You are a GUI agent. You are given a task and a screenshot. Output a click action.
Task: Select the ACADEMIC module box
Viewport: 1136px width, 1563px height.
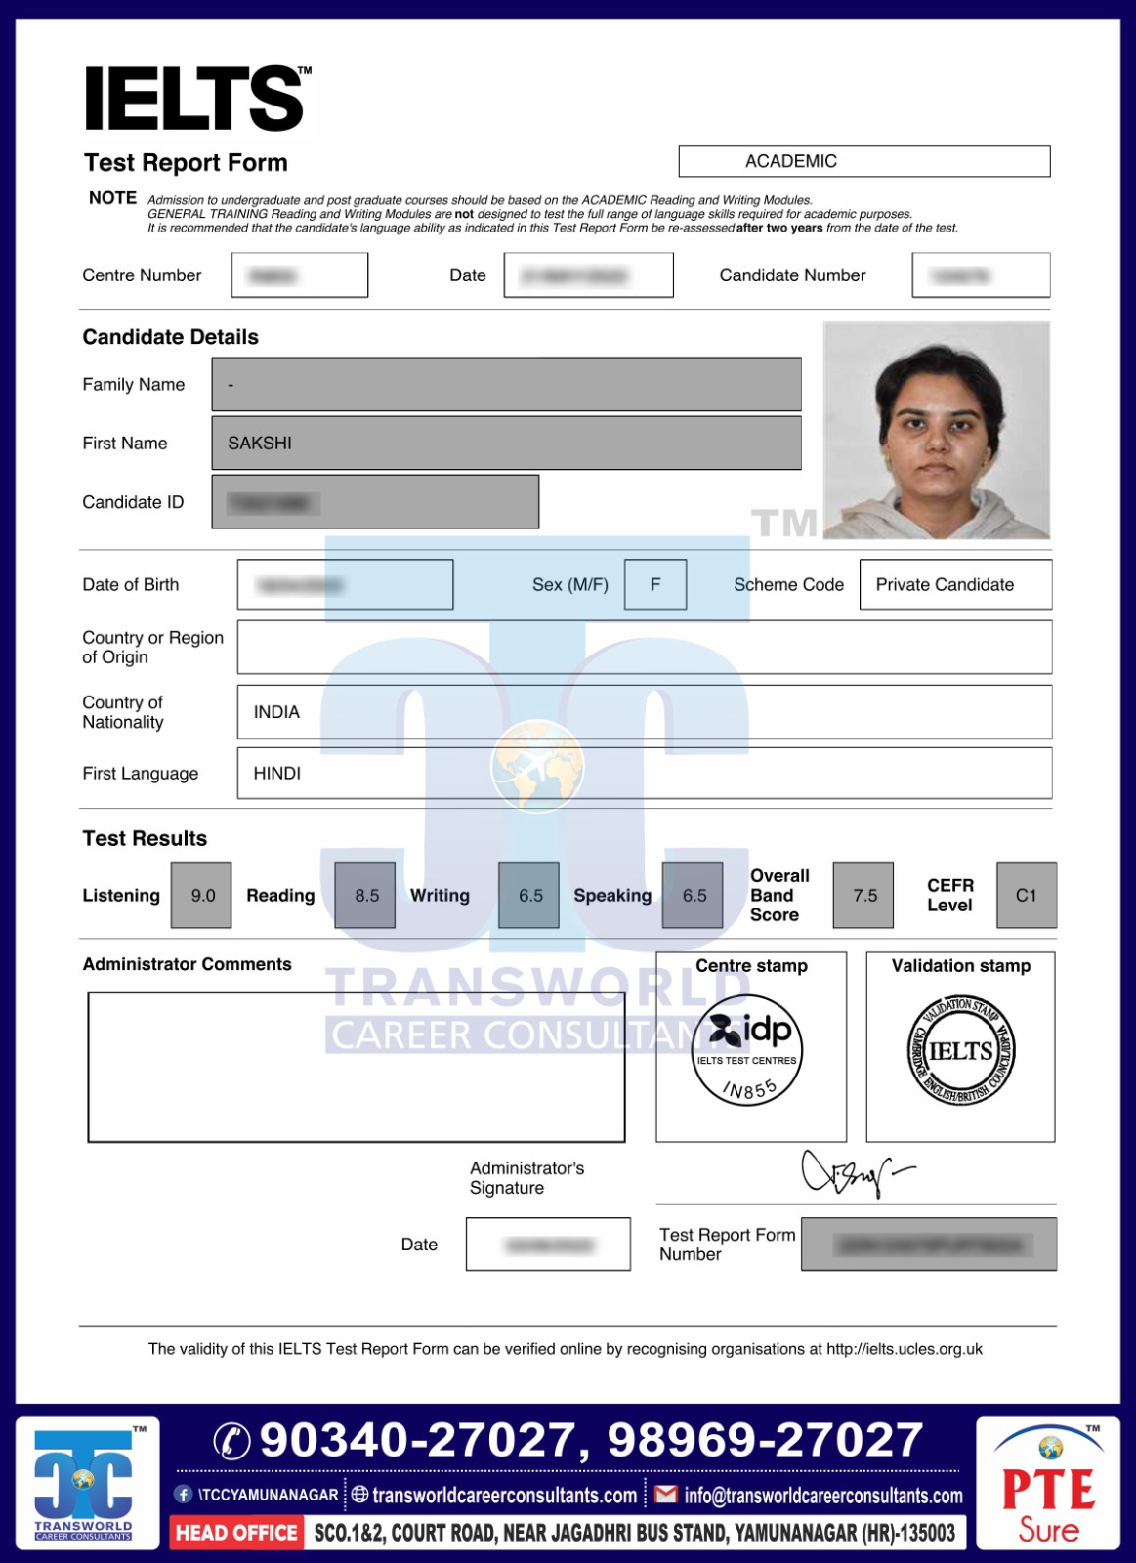(863, 161)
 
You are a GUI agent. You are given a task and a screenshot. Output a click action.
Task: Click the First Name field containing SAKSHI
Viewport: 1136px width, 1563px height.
(506, 443)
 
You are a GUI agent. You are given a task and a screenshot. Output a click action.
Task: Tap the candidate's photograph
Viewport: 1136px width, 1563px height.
(936, 430)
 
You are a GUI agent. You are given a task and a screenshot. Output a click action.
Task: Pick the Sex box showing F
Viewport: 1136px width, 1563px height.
(654, 584)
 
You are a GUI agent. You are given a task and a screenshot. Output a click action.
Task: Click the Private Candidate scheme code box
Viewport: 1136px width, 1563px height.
(954, 584)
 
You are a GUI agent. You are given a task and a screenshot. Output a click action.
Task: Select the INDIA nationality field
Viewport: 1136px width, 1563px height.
(644, 712)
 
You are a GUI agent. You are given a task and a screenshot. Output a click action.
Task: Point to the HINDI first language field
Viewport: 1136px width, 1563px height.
(644, 773)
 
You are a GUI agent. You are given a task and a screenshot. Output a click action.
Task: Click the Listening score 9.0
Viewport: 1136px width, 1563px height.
(202, 895)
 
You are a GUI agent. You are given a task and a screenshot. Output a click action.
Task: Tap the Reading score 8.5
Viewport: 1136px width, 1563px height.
(365, 895)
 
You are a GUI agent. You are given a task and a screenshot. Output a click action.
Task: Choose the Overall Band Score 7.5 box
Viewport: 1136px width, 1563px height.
(863, 895)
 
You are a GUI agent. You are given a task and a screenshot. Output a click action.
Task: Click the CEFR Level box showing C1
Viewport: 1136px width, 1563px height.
(1026, 895)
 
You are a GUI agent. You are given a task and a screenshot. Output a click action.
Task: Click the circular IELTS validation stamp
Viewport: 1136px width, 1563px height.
(961, 1052)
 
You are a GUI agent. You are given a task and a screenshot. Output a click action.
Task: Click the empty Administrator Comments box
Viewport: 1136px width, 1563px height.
(356, 1067)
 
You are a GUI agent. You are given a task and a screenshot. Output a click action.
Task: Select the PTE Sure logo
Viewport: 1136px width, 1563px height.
(1048, 1485)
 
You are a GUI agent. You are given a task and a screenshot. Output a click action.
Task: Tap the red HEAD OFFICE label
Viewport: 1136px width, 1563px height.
(236, 1533)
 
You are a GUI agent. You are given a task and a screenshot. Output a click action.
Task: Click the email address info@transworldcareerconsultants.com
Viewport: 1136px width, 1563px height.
(822, 1496)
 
